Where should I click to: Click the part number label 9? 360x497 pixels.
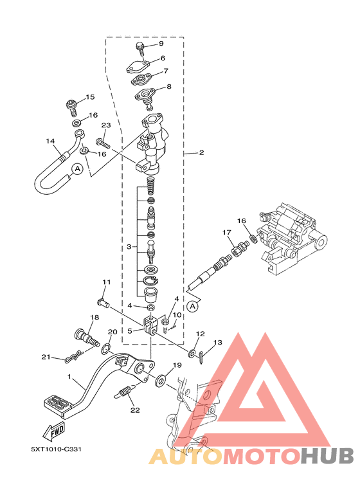click(x=161, y=44)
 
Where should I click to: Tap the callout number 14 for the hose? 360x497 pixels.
click(x=50, y=141)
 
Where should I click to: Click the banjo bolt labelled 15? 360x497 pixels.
click(x=71, y=107)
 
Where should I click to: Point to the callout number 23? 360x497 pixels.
click(x=106, y=125)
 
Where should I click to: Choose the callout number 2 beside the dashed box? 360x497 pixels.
click(x=201, y=153)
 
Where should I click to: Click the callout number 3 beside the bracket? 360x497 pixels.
click(x=129, y=247)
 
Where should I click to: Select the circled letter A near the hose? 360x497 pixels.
click(x=77, y=169)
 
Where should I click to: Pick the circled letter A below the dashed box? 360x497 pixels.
click(x=192, y=307)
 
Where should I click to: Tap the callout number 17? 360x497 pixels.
click(x=226, y=233)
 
